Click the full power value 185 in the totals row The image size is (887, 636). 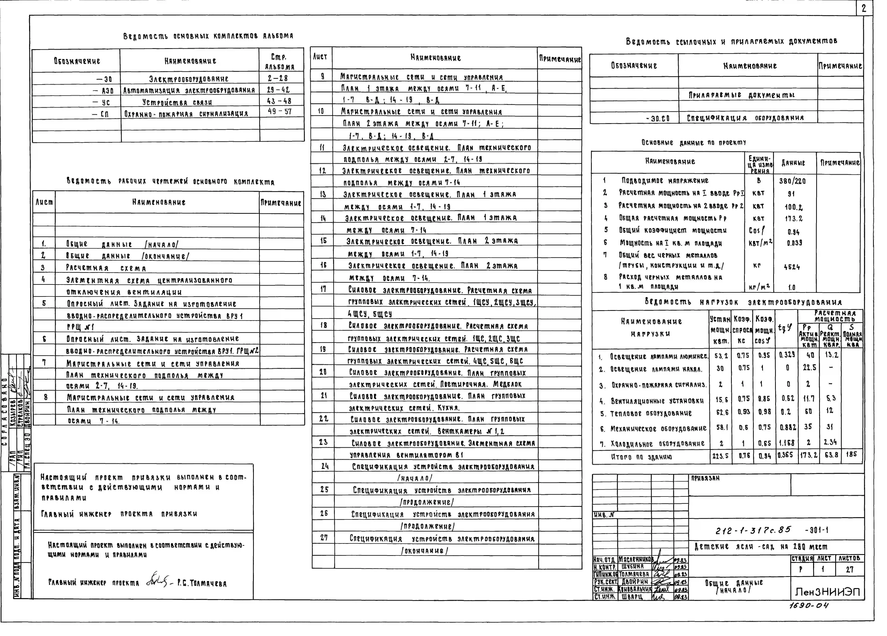(851, 454)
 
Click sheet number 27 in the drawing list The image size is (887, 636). (324, 538)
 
